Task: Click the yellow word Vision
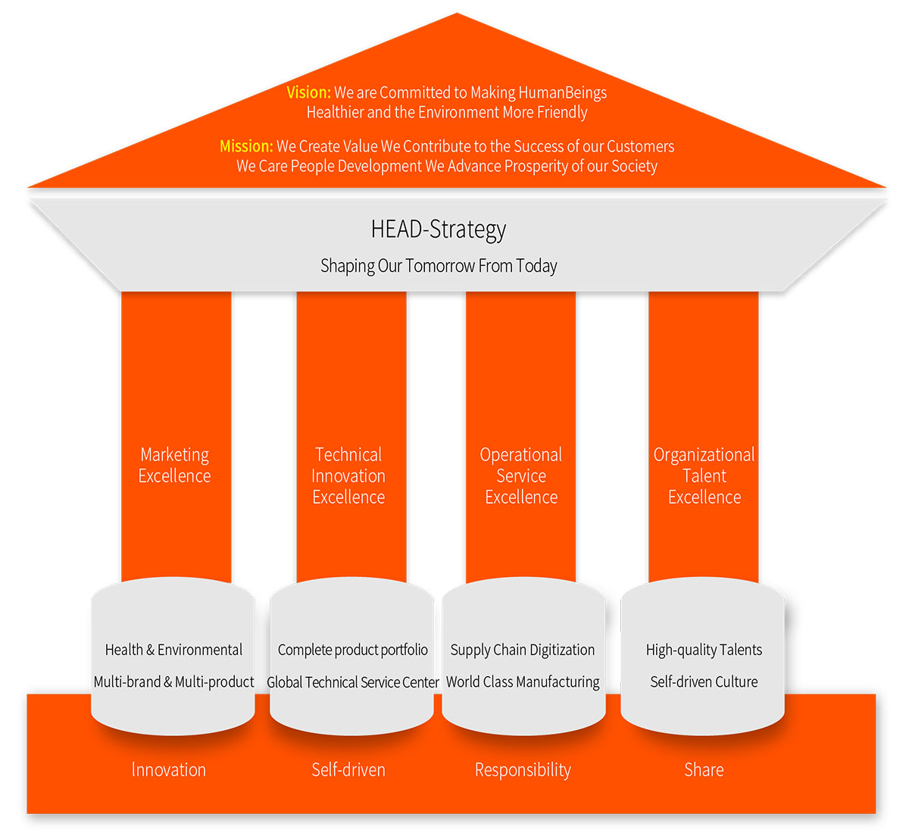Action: pyautogui.click(x=308, y=92)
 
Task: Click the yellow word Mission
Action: pyautogui.click(x=246, y=146)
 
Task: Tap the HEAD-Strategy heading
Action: pyautogui.click(x=439, y=229)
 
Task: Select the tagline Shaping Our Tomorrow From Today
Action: pyautogui.click(x=439, y=266)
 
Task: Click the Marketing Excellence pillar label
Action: pyautogui.click(x=175, y=465)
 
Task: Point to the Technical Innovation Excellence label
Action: pyautogui.click(x=348, y=476)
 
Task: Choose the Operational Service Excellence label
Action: pyautogui.click(x=521, y=476)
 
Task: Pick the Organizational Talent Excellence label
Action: pyautogui.click(x=704, y=476)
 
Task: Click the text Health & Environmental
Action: pyautogui.click(x=173, y=650)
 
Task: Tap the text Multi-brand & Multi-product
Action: pyautogui.click(x=173, y=682)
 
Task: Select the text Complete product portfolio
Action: pyautogui.click(x=353, y=650)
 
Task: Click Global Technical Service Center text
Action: pyautogui.click(x=353, y=682)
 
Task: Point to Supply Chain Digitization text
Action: pyautogui.click(x=523, y=650)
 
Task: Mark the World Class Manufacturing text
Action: pyautogui.click(x=523, y=682)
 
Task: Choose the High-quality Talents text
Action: pyautogui.click(x=704, y=650)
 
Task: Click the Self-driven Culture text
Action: pyautogui.click(x=704, y=682)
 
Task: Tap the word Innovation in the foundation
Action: pyautogui.click(x=169, y=770)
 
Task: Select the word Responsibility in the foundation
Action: pyautogui.click(x=523, y=770)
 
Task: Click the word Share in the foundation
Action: pyautogui.click(x=704, y=770)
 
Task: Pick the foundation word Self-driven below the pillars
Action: pyautogui.click(x=348, y=770)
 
